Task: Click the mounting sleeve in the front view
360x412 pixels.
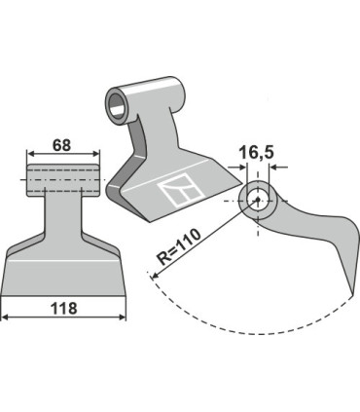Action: [64, 177]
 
